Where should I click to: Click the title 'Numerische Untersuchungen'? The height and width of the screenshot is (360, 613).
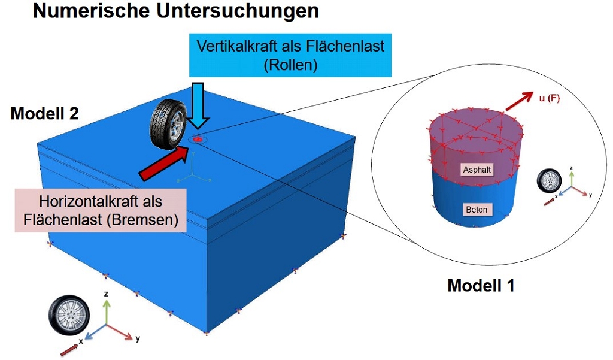175,12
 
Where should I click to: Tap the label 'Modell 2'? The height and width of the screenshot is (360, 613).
44,114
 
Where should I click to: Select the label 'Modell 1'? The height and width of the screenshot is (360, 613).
481,285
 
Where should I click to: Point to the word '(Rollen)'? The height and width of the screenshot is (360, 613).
290,65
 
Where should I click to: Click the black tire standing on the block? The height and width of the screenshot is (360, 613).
167,125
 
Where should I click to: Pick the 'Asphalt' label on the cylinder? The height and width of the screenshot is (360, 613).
477,170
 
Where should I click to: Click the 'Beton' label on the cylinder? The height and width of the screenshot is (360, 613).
477,209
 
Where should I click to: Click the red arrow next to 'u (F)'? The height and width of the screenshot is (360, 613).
518,101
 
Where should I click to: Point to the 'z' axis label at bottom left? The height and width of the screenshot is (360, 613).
105,295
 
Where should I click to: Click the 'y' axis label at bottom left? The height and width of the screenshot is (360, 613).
138,339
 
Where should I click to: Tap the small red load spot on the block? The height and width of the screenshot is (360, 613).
198,140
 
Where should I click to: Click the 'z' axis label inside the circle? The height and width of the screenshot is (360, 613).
572,168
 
